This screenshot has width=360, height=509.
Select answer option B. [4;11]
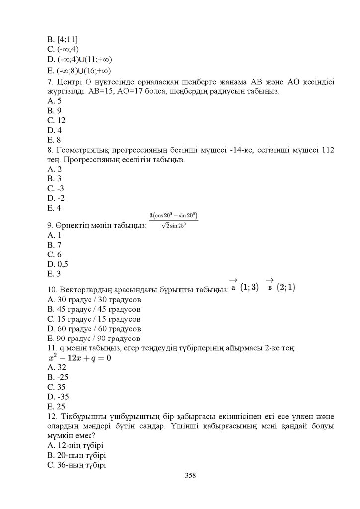click(x=62, y=39)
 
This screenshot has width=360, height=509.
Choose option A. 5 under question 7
click(x=54, y=101)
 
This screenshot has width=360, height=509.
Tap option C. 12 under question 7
click(x=56, y=120)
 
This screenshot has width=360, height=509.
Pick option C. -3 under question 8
click(x=56, y=188)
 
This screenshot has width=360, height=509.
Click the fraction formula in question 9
click(x=174, y=220)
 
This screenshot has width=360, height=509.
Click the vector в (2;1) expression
click(x=281, y=286)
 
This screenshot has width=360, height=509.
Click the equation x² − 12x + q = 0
click(x=80, y=357)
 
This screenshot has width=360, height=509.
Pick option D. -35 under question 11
click(x=58, y=397)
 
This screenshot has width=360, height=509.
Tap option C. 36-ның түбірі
click(x=77, y=465)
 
